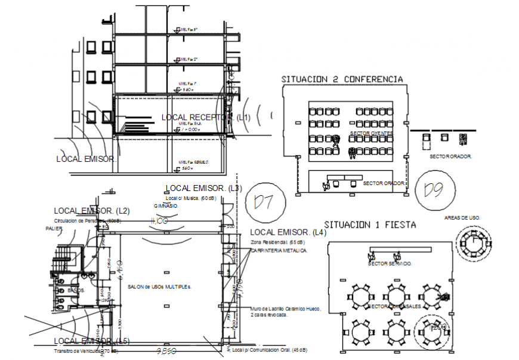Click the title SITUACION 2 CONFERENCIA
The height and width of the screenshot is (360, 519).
(342, 79)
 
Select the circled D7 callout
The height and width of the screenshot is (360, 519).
(262, 201)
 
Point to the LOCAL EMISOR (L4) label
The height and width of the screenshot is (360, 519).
(288, 232)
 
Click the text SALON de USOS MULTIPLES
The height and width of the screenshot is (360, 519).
(159, 287)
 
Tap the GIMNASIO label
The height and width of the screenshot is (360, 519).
(166, 205)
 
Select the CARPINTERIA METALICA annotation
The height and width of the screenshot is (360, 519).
(279, 251)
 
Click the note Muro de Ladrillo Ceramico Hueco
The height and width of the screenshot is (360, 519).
(286, 309)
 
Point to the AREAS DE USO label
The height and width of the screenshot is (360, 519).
(462, 218)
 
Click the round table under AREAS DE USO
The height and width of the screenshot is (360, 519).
(475, 244)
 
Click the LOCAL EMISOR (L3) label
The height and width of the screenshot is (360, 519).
(203, 188)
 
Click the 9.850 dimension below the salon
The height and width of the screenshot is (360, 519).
(167, 352)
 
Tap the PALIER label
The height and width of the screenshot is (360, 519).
(54, 228)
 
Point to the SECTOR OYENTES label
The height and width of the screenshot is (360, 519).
(371, 133)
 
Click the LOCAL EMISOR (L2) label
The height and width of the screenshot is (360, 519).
(92, 211)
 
